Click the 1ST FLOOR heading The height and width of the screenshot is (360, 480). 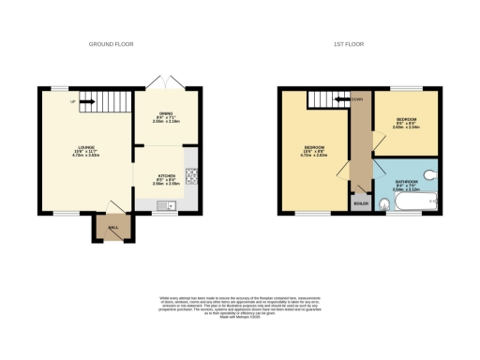point(348,44)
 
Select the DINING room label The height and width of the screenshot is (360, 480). point(166,112)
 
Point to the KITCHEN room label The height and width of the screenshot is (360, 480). point(166,175)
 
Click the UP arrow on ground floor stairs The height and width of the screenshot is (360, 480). point(84,102)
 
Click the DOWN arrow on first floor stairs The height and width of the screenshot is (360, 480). point(356,97)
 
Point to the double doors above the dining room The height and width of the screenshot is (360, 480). point(166,84)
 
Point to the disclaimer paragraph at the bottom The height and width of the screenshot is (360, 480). point(240,301)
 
